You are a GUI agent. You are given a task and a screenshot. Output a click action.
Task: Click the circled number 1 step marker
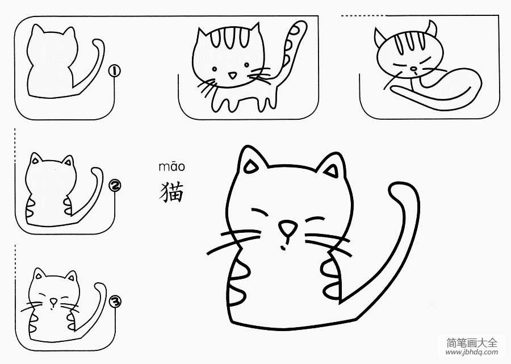point(114,71)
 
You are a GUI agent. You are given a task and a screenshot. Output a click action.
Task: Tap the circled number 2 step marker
point(115,186)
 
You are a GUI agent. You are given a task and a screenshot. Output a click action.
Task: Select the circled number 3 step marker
point(115,302)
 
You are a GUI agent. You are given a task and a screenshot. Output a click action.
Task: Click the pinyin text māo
point(171,166)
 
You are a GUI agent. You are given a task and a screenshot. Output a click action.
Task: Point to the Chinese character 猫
point(171,193)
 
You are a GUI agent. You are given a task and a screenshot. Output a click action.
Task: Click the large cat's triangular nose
point(288,228)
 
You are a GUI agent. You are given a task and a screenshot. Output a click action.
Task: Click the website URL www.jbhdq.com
point(471,352)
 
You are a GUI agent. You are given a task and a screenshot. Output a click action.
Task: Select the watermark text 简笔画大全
point(472,342)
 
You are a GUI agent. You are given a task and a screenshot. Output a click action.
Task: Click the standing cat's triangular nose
point(232,76)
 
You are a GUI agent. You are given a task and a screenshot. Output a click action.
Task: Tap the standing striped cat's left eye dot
point(215,69)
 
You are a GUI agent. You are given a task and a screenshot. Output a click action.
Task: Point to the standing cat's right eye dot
point(247,65)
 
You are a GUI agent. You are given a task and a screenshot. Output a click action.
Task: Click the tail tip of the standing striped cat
point(300,25)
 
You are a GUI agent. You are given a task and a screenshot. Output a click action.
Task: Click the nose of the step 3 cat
point(53,301)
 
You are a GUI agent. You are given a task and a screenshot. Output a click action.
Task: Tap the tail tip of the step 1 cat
point(97,43)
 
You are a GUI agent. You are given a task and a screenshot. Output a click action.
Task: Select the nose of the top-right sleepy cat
point(413,69)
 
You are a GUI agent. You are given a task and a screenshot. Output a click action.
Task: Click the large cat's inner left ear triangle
point(251,167)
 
